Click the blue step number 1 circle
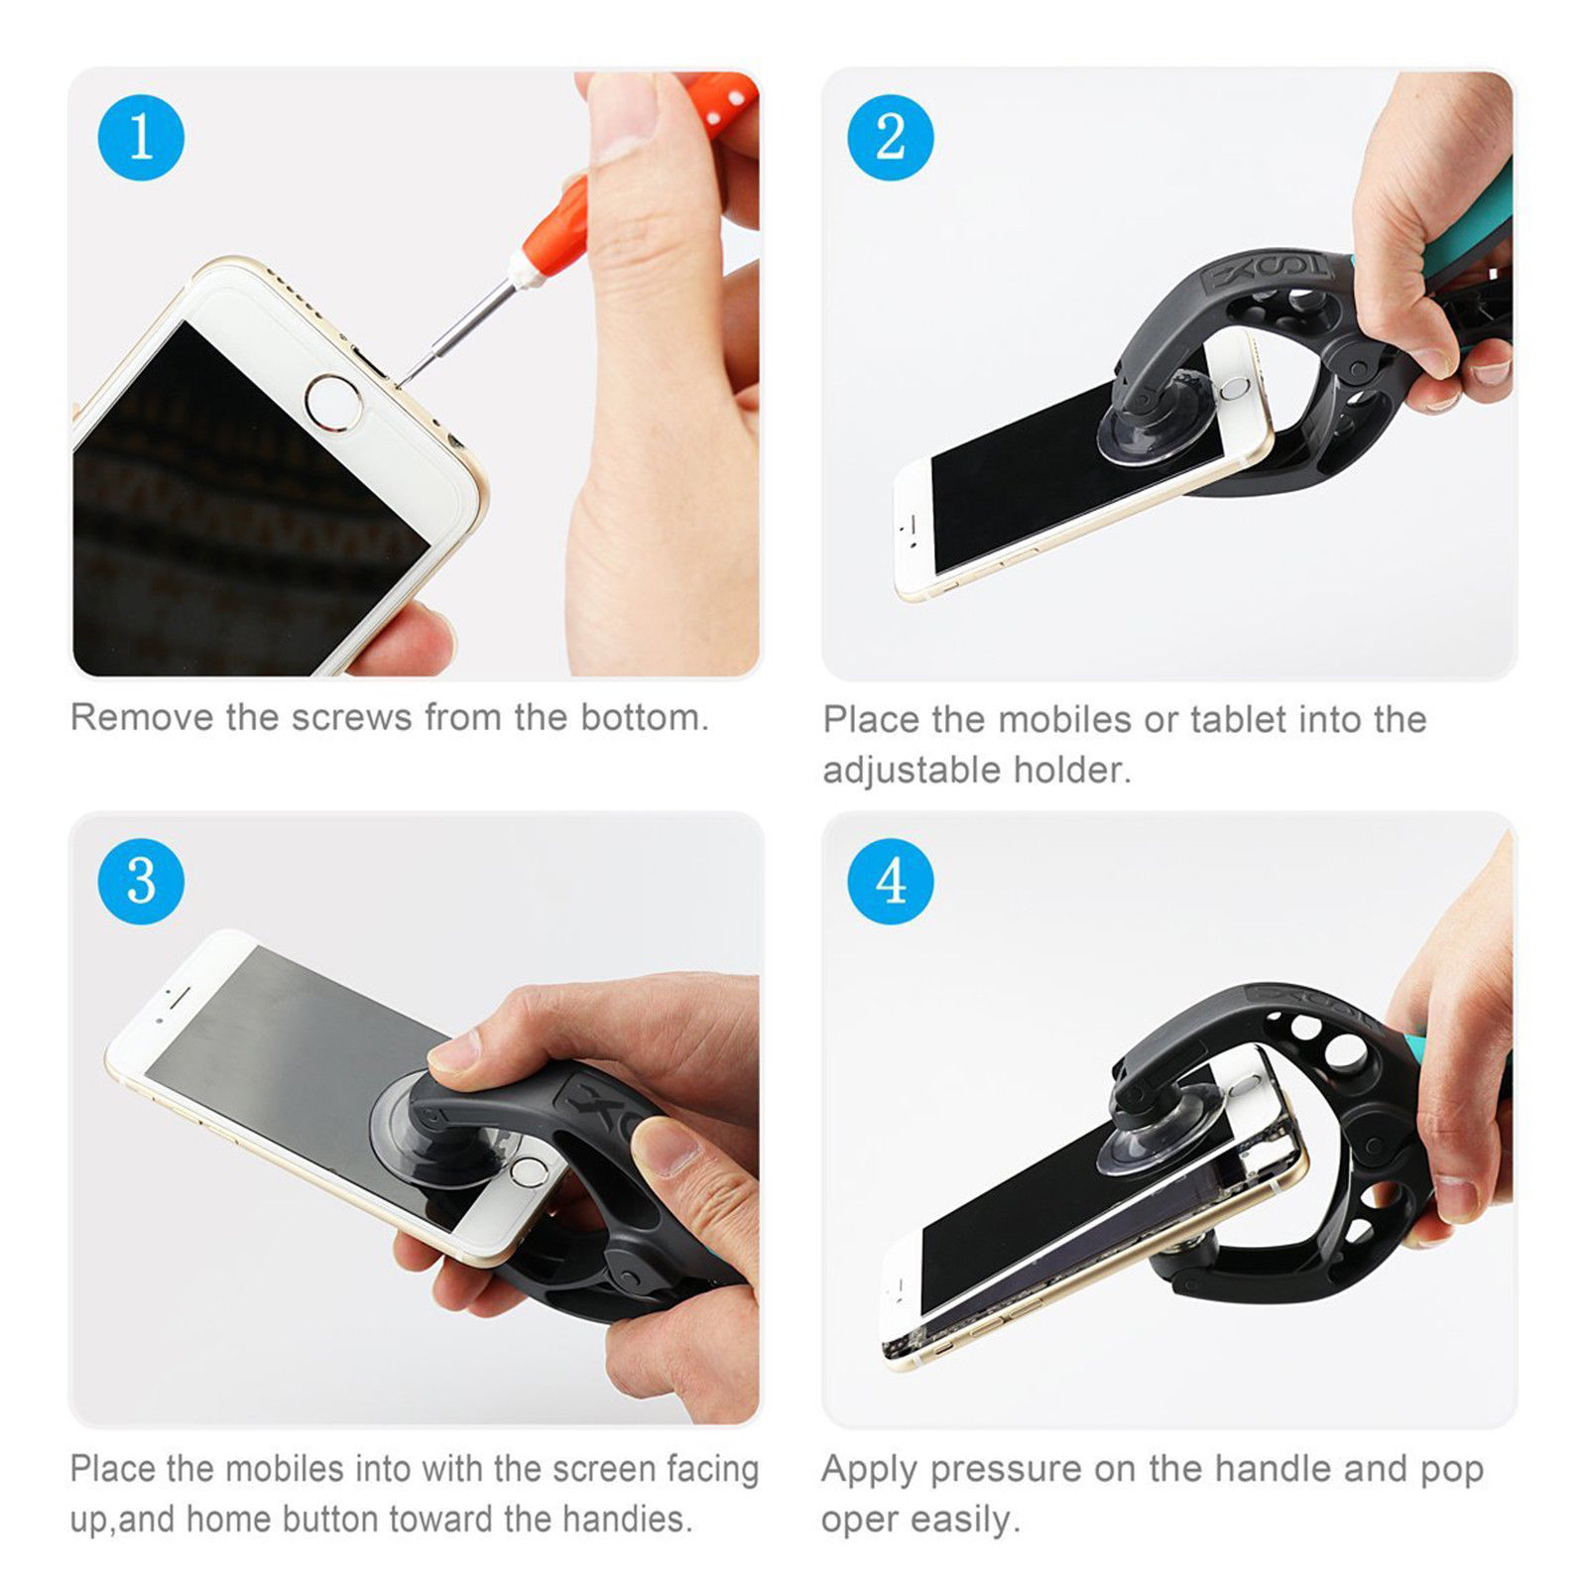point(141,137)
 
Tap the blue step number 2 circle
point(890,137)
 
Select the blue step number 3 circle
point(141,881)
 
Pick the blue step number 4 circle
point(890,881)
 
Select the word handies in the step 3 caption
point(625,1519)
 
